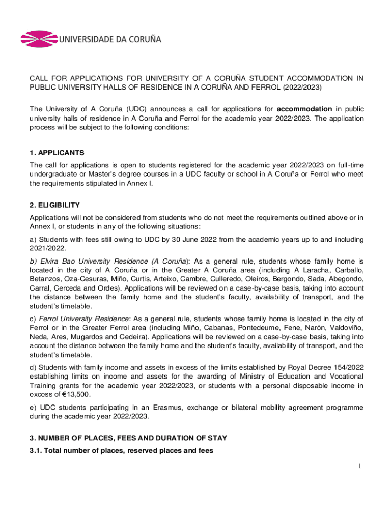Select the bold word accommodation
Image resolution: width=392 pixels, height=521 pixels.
coord(304,109)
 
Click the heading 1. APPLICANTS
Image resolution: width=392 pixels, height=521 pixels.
coord(57,152)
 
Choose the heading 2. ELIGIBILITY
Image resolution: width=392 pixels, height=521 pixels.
coord(54,205)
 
